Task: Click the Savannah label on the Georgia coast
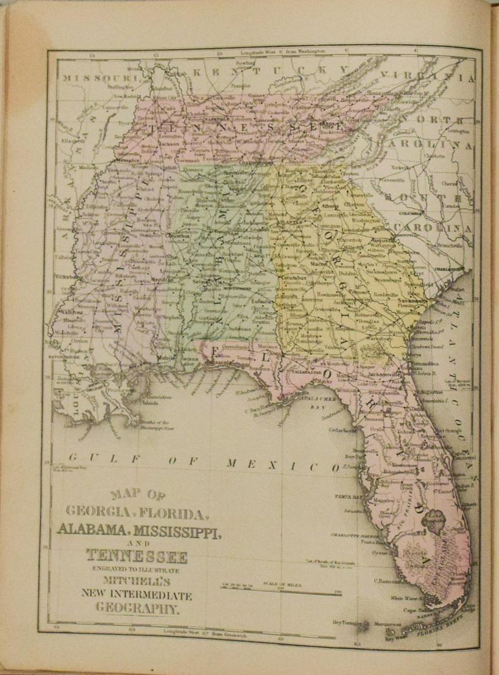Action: click(x=411, y=301)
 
